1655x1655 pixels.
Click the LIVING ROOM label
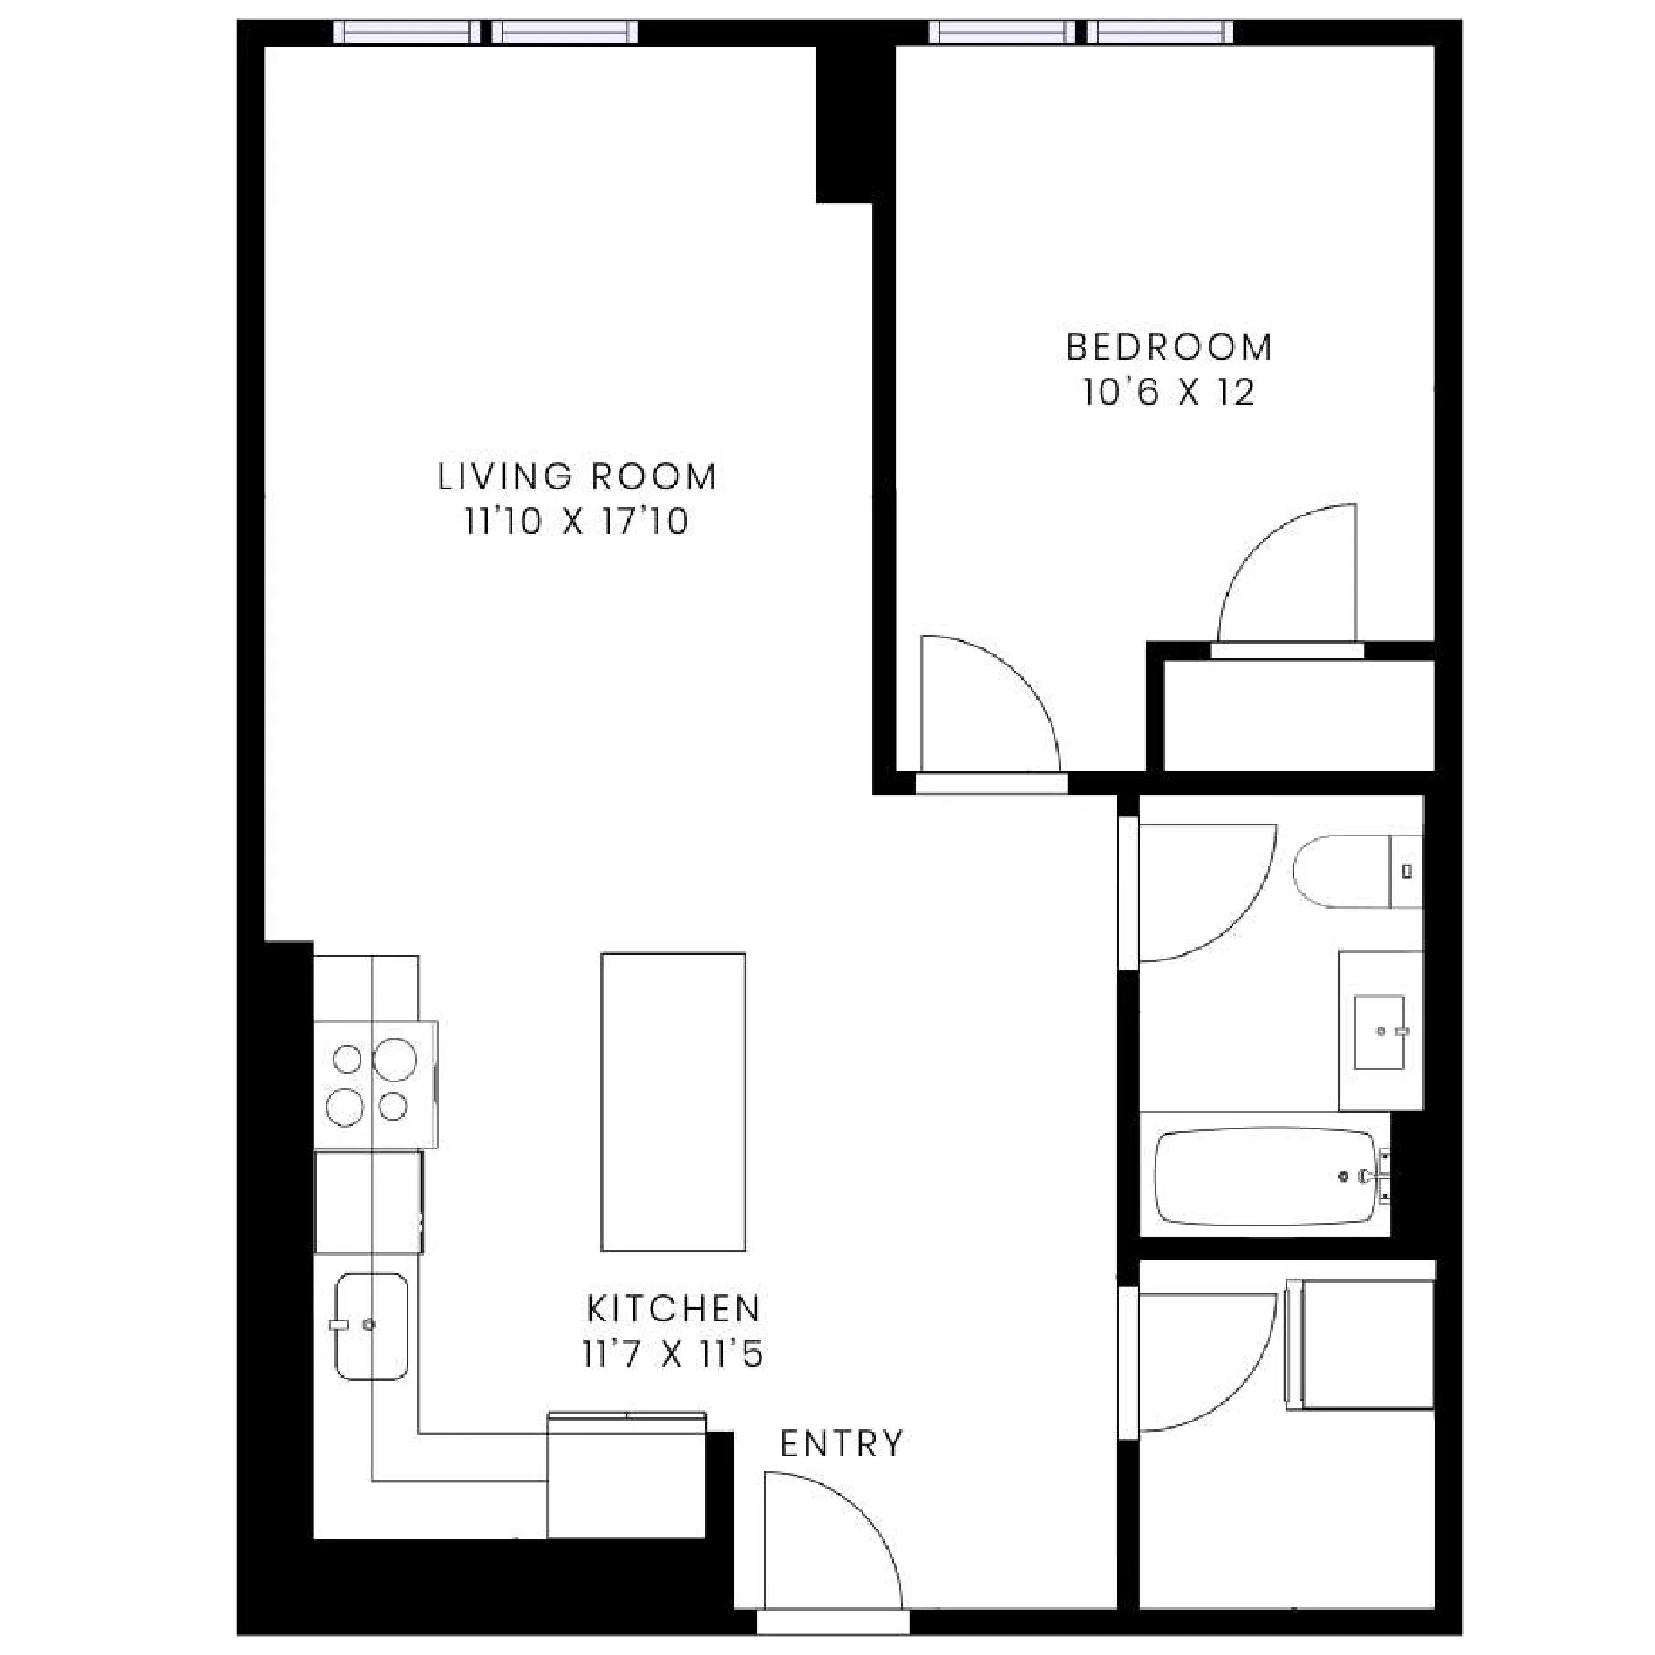577,477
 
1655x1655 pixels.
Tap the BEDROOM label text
1168,348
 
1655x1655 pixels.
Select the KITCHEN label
673,1309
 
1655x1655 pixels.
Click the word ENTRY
841,1445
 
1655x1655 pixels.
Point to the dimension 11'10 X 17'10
577,523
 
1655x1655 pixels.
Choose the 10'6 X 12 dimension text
1168,393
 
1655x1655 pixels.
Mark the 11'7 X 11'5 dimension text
673,1355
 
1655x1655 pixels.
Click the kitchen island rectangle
673,1101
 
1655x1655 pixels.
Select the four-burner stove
374,1084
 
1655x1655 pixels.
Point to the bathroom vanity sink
1379,1032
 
